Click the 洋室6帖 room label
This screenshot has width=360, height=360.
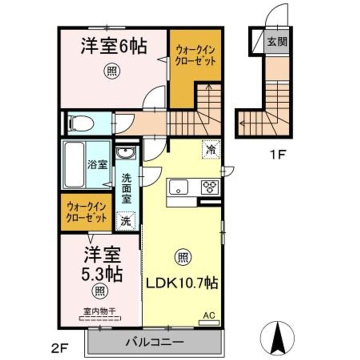click(x=113, y=46)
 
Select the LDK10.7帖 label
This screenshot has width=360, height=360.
click(x=181, y=283)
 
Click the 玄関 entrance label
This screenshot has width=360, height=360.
click(x=276, y=42)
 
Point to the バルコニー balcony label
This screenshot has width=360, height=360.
click(x=154, y=343)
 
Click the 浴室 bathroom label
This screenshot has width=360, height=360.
click(x=97, y=165)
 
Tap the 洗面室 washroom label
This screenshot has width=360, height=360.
click(x=127, y=187)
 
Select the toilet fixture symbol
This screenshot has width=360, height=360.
click(x=79, y=121)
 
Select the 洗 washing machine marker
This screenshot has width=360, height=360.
click(x=126, y=220)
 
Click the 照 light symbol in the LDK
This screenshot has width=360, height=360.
click(x=182, y=258)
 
